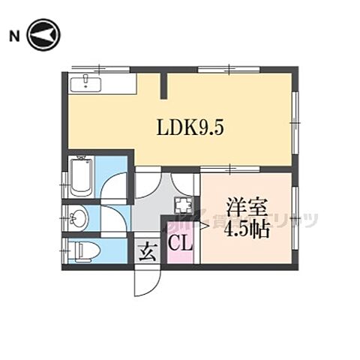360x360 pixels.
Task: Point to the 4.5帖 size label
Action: point(247,229)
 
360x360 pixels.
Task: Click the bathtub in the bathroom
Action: point(81,178)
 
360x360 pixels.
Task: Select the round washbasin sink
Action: point(79,219)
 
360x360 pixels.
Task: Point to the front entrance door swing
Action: point(145,280)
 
